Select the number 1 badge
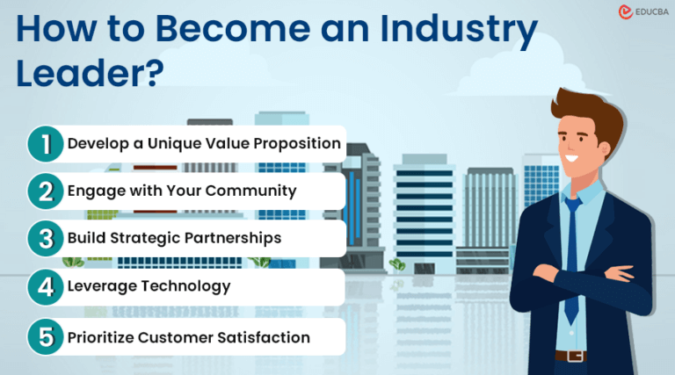[44, 143]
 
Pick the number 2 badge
[44, 191]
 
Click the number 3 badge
[44, 238]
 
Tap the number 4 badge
[44, 286]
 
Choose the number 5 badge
[44, 337]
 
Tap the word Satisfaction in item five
[265, 337]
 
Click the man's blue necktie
[572, 246]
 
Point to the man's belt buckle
[575, 356]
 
